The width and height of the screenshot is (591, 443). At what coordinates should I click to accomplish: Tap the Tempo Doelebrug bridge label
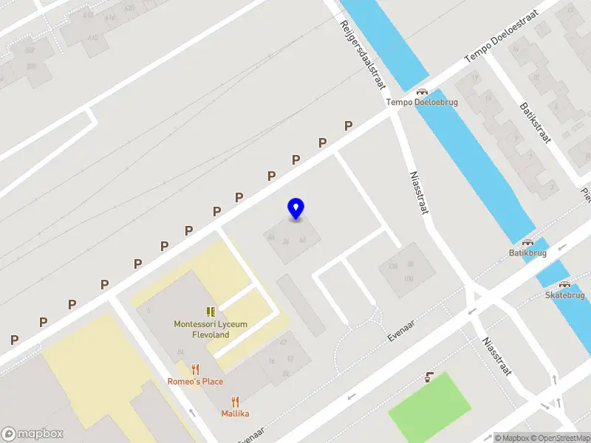[x=422, y=103]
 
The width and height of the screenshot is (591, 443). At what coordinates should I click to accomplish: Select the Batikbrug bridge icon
[x=527, y=242]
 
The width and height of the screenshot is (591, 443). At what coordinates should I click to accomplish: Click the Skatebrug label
[x=564, y=295]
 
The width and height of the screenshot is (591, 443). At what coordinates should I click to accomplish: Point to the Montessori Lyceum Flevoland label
[x=211, y=329]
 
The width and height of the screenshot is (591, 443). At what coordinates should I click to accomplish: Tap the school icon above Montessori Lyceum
[x=211, y=312]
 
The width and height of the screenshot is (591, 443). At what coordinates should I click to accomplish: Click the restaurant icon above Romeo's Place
[x=196, y=369]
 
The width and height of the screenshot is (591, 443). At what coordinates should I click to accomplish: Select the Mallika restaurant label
[x=235, y=413]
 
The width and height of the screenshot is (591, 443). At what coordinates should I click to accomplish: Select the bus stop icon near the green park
[x=429, y=378]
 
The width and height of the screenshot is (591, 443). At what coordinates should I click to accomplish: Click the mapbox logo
[x=33, y=433]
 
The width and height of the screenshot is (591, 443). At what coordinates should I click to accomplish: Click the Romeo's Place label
[x=196, y=382]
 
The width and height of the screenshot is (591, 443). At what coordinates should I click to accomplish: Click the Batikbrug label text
[x=527, y=253]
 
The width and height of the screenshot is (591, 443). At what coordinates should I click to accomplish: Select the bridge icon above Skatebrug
[x=564, y=285]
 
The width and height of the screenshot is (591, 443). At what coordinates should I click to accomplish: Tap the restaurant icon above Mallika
[x=235, y=402]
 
